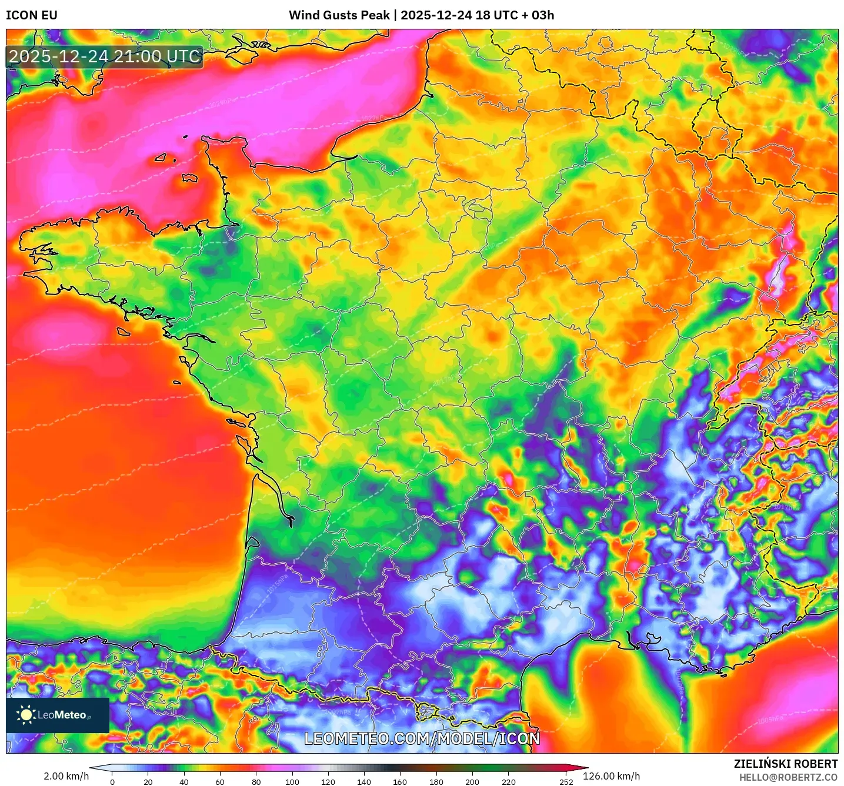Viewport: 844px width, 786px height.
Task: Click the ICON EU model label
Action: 32,15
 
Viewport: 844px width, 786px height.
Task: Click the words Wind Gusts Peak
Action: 339,15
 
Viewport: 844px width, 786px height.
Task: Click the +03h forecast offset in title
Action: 538,15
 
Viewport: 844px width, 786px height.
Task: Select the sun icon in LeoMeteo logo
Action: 26,715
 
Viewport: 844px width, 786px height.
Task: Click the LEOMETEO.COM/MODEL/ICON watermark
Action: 422,739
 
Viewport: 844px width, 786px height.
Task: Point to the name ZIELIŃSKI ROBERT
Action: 786,764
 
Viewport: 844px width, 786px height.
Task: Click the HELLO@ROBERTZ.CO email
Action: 788,777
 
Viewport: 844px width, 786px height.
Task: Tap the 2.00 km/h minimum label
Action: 66,776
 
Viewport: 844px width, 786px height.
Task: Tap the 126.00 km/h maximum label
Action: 611,776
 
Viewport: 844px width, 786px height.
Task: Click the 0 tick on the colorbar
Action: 112,782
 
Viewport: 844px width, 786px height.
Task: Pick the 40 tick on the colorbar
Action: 184,782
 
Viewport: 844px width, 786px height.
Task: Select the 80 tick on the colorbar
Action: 256,782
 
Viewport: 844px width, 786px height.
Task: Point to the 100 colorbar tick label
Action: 292,782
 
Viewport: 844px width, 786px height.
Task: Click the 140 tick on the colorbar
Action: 364,782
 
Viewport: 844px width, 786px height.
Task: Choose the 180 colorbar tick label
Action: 436,782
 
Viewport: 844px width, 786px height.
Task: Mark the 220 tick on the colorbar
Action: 508,782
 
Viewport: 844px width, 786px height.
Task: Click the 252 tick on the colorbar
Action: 566,782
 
